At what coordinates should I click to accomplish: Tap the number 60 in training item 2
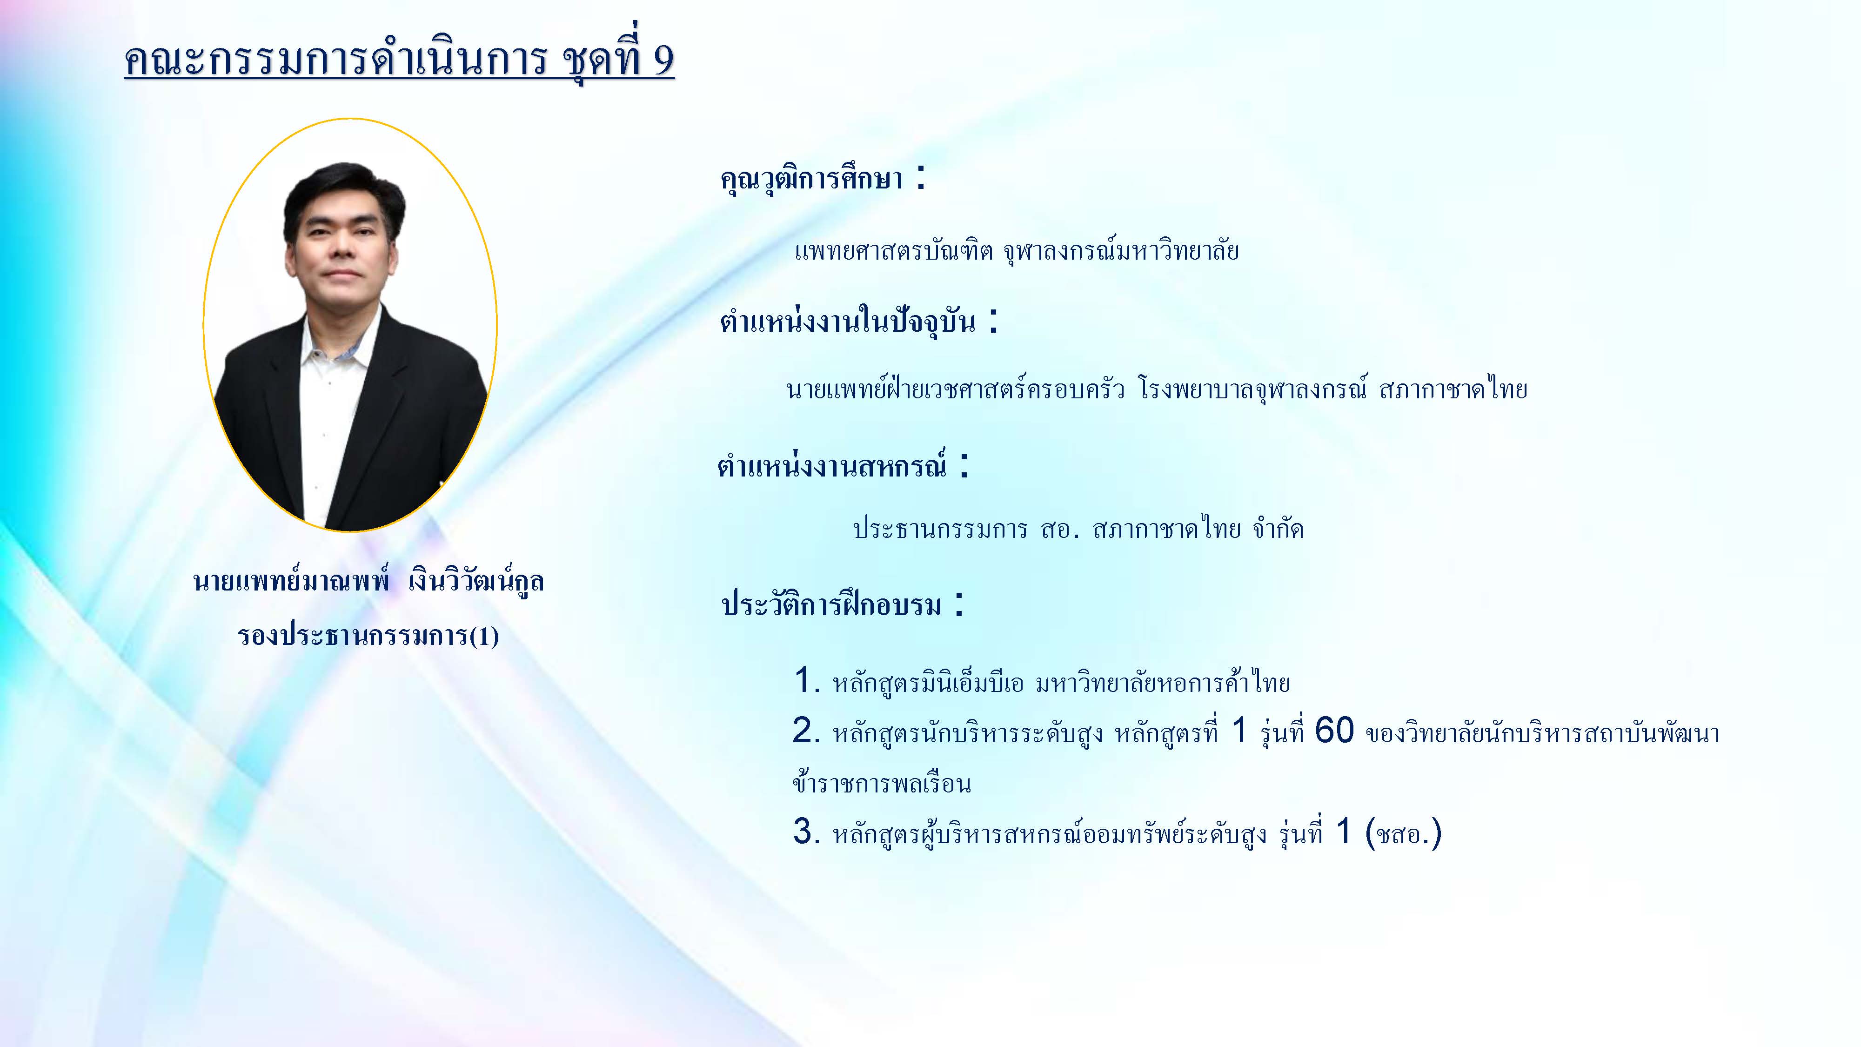pos(1333,731)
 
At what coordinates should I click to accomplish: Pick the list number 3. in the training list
pos(807,832)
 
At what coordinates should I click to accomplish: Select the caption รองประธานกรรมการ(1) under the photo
pos(368,636)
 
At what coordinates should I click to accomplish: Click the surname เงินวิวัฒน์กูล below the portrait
pos(476,580)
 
